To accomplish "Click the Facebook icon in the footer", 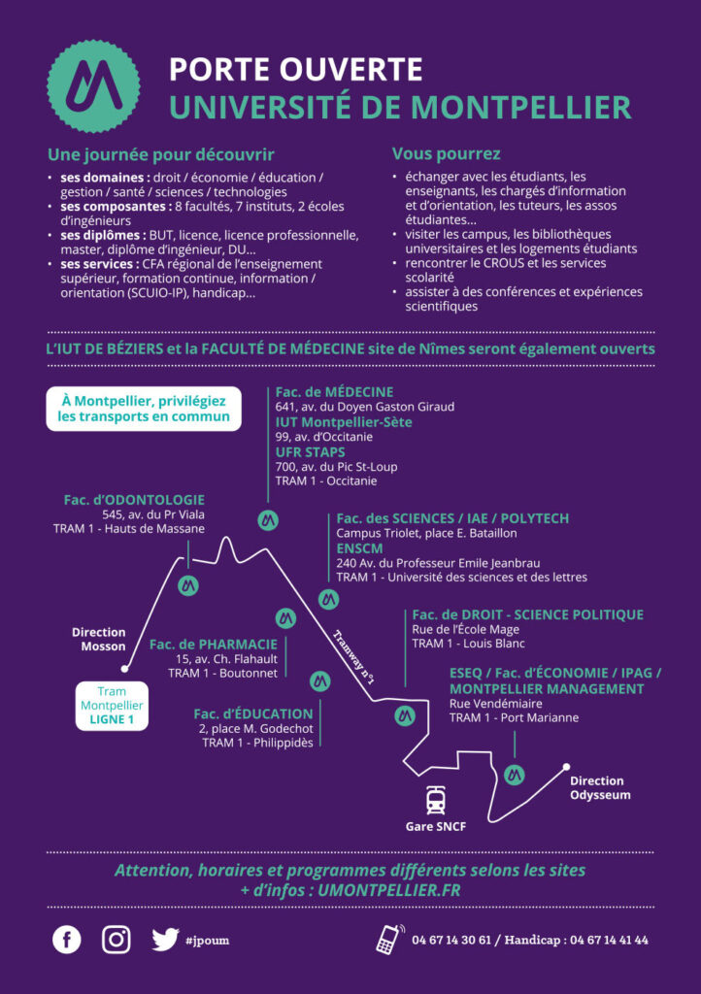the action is pos(67,940).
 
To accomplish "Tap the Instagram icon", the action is pos(117,940).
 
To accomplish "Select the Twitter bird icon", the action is pos(165,940).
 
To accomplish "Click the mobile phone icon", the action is pos(390,940).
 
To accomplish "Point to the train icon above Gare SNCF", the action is pos(435,800).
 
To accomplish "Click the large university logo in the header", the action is pos(94,86).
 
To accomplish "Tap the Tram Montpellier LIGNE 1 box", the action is pos(113,706).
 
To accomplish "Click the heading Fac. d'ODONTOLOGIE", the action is pos(134,500).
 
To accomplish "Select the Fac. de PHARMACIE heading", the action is pos(214,645).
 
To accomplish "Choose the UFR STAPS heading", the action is pos(310,452).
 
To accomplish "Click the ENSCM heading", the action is pos(357,548).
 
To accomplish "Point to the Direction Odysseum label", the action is pos(596,788).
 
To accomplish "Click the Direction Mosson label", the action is pos(99,639).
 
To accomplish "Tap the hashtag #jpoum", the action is pos(207,940).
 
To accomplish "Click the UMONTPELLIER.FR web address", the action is pos(389,890).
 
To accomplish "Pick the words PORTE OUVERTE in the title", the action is pos(296,70).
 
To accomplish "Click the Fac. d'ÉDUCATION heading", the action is pos(253,713).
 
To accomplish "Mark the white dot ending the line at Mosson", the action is pos(125,669).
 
